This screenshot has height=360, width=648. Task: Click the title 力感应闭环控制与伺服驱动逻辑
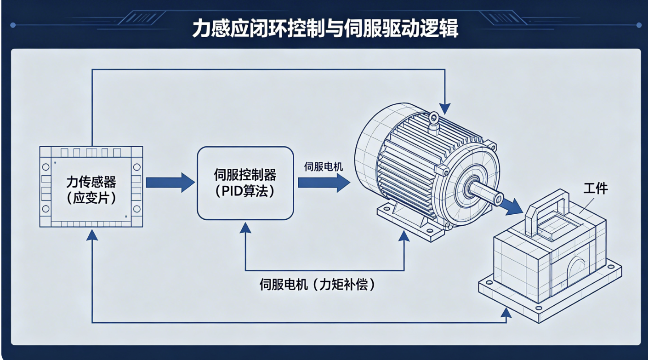[x=325, y=29]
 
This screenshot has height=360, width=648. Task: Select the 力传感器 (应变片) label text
[x=91, y=190]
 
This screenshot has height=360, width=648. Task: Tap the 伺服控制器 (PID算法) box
[x=245, y=183]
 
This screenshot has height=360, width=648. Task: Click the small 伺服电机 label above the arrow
[x=324, y=167]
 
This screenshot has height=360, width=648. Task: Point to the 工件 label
[x=596, y=189]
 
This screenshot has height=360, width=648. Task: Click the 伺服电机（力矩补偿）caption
[x=318, y=285]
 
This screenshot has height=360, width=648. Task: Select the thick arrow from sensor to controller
[x=171, y=183]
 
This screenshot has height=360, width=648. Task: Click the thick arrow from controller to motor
[x=324, y=183]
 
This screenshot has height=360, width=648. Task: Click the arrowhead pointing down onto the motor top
[x=444, y=109]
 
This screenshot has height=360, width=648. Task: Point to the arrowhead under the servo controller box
[x=245, y=228]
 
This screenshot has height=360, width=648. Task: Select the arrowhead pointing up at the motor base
[x=404, y=236]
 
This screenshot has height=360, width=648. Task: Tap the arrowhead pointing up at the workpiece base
[x=506, y=313]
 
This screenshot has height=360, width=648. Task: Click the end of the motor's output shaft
[x=499, y=199]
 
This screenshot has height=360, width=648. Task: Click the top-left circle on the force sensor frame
[x=45, y=167]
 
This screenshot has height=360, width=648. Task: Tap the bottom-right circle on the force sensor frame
[x=136, y=209]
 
